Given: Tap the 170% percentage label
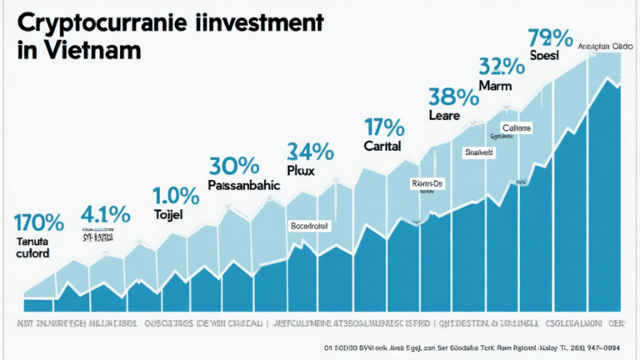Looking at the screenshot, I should pyautogui.click(x=38, y=222).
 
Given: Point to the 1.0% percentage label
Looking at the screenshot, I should pyautogui.click(x=176, y=197).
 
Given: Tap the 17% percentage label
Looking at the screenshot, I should pyautogui.click(x=384, y=127).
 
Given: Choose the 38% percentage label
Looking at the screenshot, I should pyautogui.click(x=452, y=97).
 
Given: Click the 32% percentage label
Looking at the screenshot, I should pyautogui.click(x=502, y=66).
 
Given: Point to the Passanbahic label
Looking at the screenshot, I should pyautogui.click(x=243, y=187).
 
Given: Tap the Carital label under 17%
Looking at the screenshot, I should pyautogui.click(x=382, y=146).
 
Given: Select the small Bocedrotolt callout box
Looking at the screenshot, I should pyautogui.click(x=309, y=225).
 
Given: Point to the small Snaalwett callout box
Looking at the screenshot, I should pyautogui.click(x=479, y=152).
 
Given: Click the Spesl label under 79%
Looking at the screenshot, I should pyautogui.click(x=542, y=55).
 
